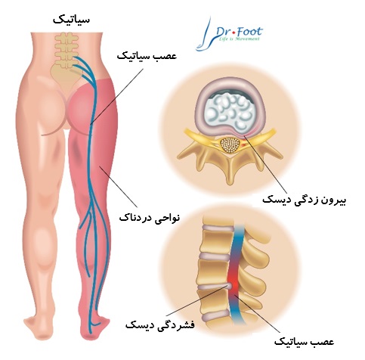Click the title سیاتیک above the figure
click(x=71, y=20)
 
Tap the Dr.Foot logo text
click(x=240, y=32)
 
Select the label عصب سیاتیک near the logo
click(x=147, y=56)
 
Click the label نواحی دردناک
click(x=150, y=217)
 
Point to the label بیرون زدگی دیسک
click(x=304, y=200)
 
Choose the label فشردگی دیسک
click(x=160, y=324)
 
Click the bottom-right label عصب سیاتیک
click(x=304, y=342)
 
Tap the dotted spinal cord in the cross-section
click(x=230, y=145)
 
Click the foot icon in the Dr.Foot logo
click(x=205, y=35)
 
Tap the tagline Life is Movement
click(x=239, y=39)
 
